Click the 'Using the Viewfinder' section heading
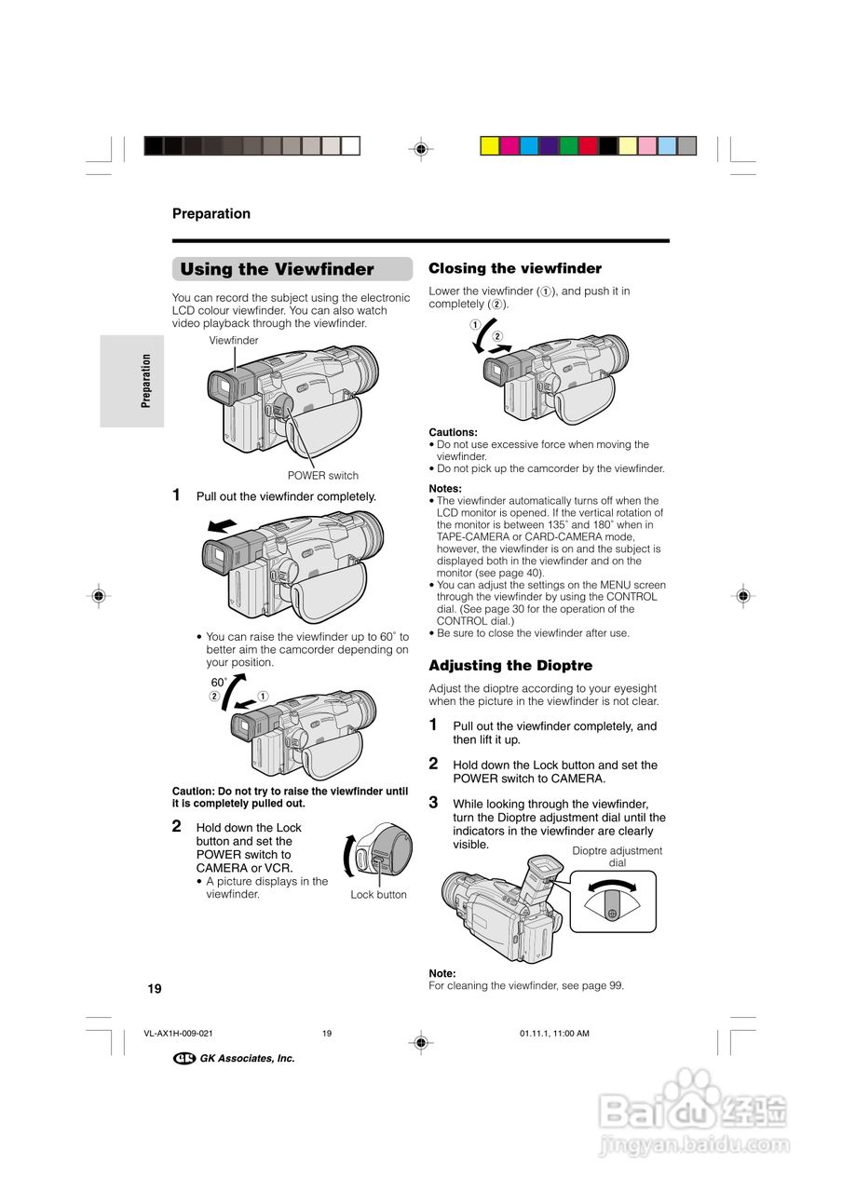click(x=277, y=270)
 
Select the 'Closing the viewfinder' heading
click(x=515, y=268)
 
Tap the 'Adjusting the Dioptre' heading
click(x=510, y=666)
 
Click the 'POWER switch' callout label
click(x=322, y=476)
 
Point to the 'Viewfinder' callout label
click(x=234, y=341)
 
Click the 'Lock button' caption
click(x=378, y=895)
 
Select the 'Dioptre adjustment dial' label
click(x=617, y=857)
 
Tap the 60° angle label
click(x=220, y=683)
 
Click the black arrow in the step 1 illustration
click(x=222, y=526)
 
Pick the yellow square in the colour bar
click(x=489, y=146)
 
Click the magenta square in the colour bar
click(x=509, y=146)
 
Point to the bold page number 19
click(x=154, y=988)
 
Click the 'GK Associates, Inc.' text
click(x=247, y=1059)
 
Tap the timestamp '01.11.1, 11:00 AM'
click(x=553, y=1034)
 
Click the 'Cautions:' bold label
click(x=453, y=432)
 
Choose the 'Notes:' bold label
click(x=444, y=489)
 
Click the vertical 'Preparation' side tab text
click(x=146, y=381)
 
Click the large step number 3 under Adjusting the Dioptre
click(x=433, y=802)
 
